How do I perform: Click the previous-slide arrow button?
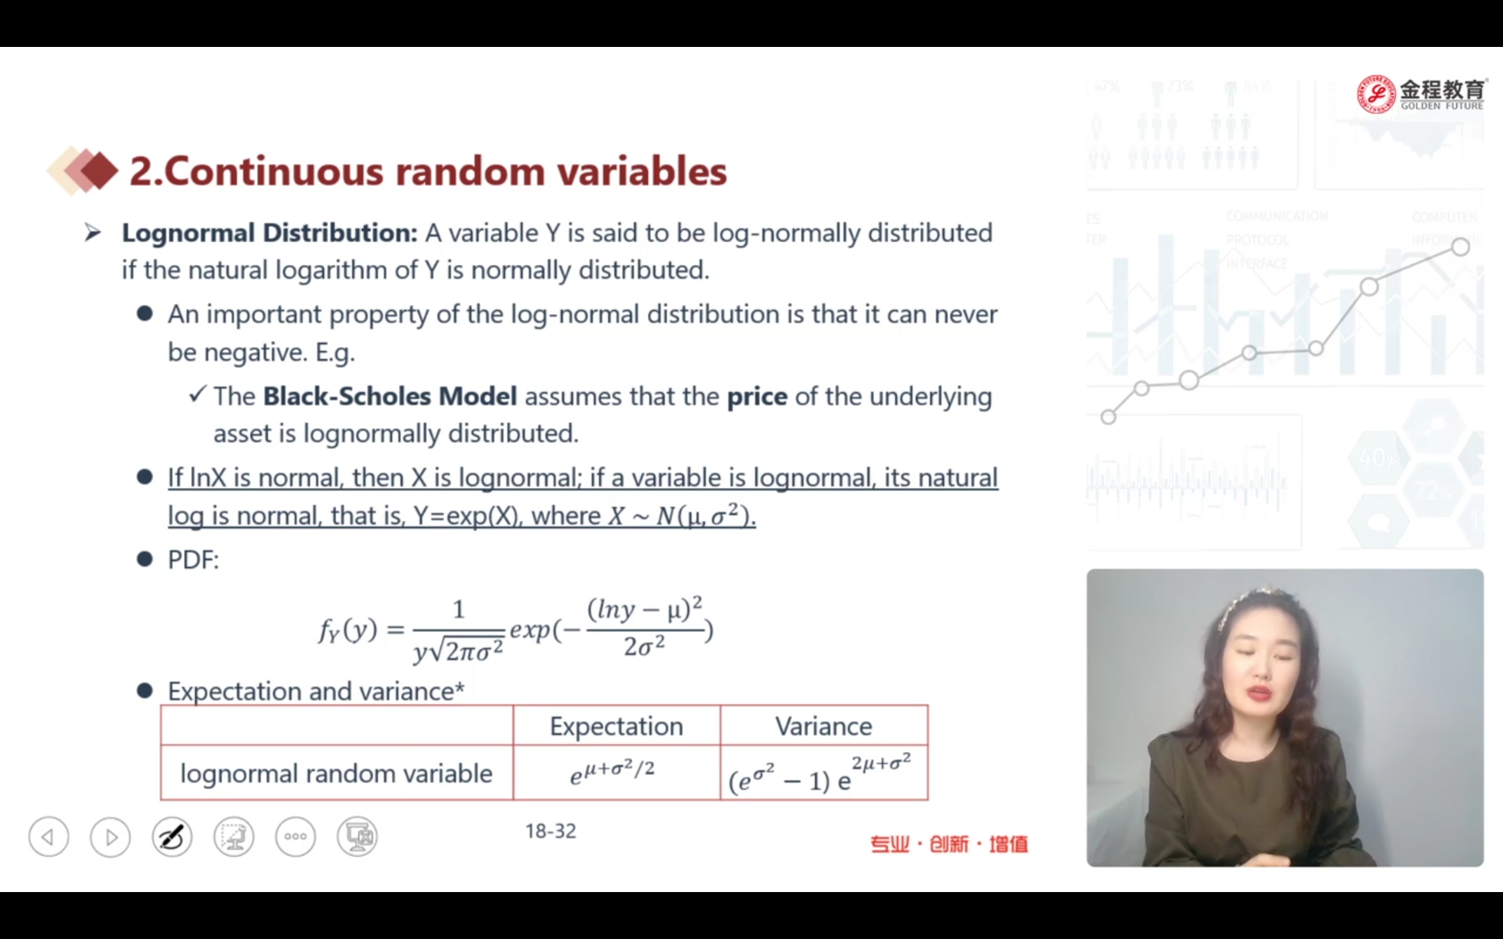click(49, 836)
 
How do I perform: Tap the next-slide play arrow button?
click(110, 836)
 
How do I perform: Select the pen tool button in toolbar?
click(172, 836)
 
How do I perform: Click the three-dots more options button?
click(296, 836)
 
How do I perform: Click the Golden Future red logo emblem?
click(1376, 94)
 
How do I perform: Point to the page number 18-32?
click(550, 831)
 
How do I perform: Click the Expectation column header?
click(616, 726)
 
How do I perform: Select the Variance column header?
click(824, 726)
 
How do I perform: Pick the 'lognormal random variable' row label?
click(337, 773)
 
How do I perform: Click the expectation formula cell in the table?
click(612, 771)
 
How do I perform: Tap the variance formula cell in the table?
click(820, 773)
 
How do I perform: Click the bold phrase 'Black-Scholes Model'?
click(390, 396)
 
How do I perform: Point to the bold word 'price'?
click(757, 398)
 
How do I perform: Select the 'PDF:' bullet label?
click(193, 560)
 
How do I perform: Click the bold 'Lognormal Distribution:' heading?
click(270, 233)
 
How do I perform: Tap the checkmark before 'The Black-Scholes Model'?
click(197, 394)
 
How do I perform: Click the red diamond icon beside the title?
click(99, 171)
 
